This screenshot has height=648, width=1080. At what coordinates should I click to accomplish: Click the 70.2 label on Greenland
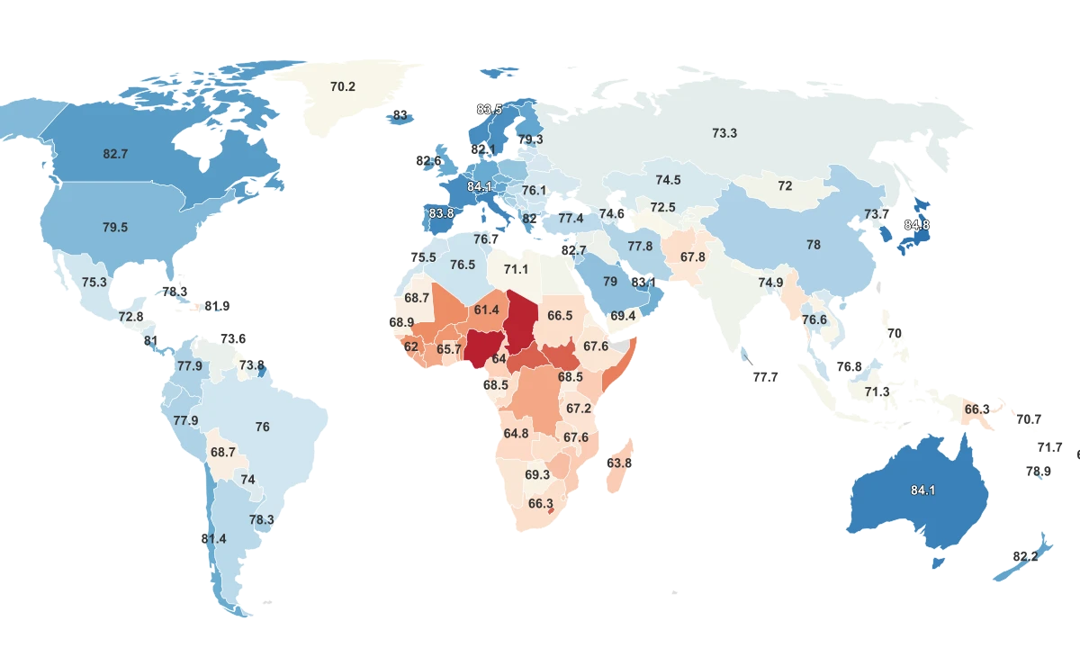343,87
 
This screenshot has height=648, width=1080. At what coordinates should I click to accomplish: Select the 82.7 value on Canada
115,154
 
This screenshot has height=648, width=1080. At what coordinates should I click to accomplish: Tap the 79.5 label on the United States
115,228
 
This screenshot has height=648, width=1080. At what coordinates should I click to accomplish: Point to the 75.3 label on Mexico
94,282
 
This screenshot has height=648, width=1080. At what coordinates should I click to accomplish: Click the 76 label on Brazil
263,427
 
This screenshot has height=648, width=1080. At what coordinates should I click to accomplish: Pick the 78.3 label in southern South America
262,519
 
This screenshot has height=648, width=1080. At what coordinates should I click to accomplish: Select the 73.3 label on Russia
724,133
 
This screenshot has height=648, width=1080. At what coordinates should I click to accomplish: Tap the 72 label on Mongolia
785,186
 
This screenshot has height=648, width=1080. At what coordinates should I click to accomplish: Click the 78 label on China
814,245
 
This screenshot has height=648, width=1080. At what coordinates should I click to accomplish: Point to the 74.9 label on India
770,282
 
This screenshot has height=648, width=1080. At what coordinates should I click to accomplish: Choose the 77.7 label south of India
765,377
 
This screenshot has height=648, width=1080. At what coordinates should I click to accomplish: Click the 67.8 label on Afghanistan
693,256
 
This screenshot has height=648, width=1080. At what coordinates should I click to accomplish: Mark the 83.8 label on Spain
442,213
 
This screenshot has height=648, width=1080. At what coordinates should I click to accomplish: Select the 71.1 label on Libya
516,269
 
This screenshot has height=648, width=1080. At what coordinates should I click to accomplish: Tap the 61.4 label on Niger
486,310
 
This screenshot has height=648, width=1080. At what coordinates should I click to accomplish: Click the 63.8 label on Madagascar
619,463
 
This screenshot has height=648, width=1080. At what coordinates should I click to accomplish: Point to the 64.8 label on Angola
516,433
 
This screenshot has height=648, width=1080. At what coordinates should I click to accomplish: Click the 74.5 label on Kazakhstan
668,180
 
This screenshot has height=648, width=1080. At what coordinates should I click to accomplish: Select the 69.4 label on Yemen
623,316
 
